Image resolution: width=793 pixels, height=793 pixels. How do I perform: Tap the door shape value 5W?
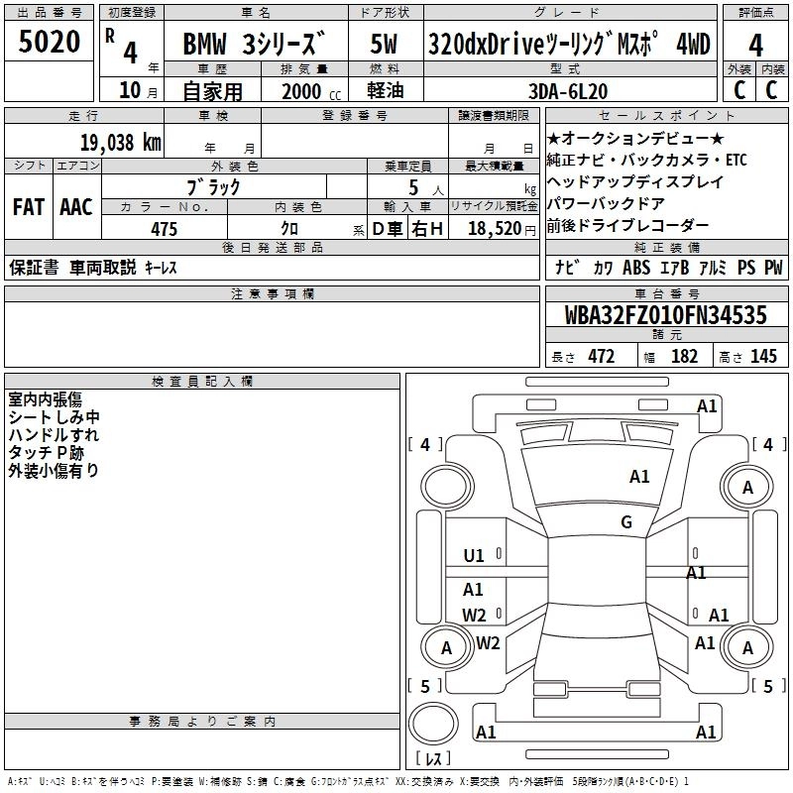coord(385,45)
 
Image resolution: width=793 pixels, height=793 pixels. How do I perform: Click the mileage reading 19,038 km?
coord(120,142)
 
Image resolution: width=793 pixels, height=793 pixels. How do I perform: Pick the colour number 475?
coord(165,229)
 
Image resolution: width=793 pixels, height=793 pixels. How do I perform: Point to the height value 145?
coord(763,356)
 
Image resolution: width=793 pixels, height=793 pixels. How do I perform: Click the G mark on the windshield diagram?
coord(626,522)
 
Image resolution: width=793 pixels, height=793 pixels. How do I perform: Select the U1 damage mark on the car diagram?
coord(474,556)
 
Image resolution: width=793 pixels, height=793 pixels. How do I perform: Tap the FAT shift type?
coord(28,207)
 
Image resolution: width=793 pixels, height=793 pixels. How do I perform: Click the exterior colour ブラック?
coord(213,186)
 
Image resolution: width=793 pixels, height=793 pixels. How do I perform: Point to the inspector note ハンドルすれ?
coord(54,435)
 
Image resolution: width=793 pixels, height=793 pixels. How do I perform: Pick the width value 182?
coord(684,356)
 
